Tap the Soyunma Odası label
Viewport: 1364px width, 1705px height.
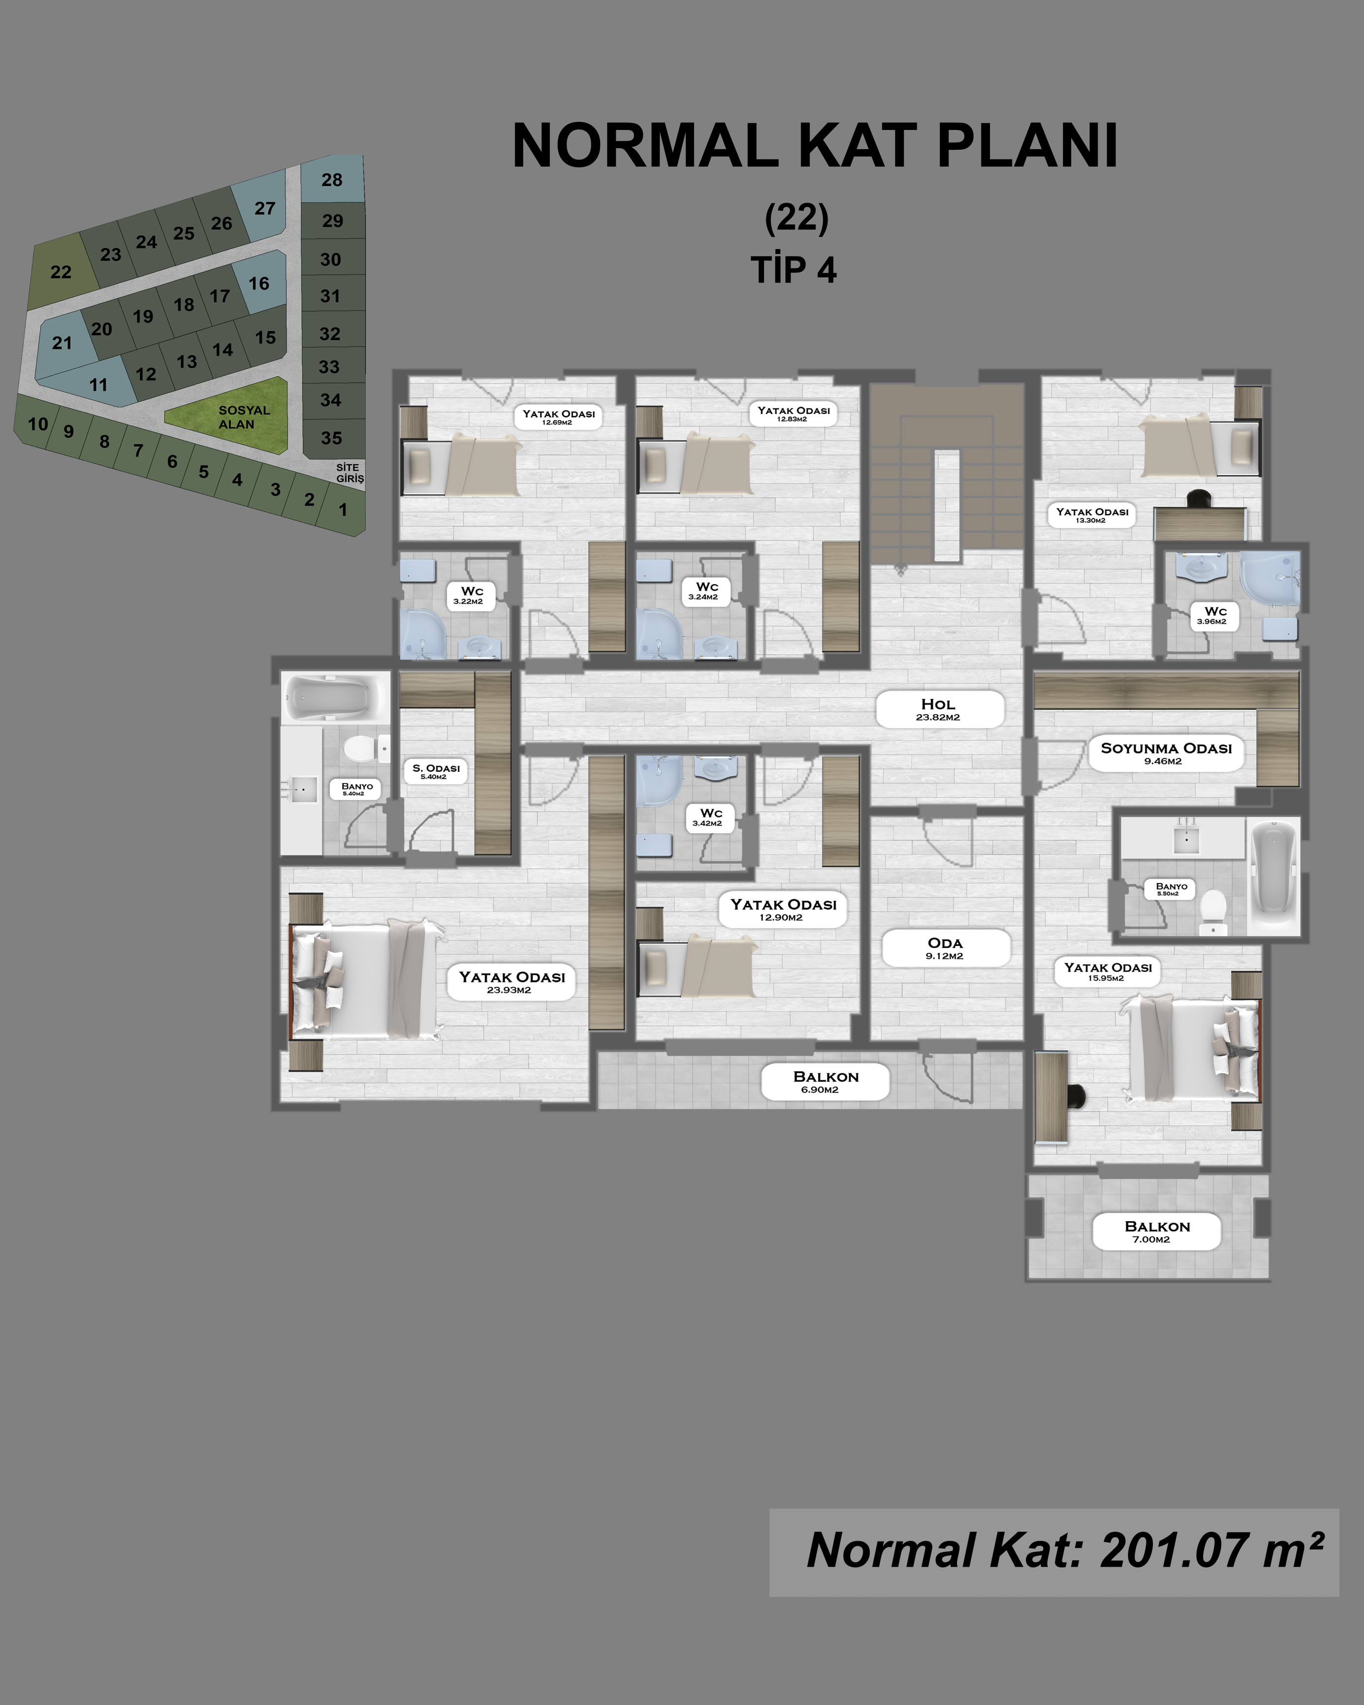1166,753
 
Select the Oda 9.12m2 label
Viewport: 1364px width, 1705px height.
946,947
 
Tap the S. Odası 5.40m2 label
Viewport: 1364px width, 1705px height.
436,771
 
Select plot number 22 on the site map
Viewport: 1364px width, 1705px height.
61,271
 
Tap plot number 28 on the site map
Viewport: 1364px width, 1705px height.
332,180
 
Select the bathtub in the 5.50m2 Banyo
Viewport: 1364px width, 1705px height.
1273,877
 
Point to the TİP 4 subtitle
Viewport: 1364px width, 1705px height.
794,270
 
